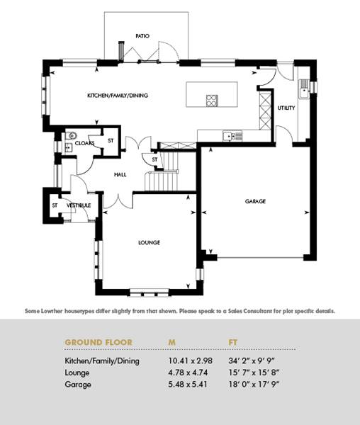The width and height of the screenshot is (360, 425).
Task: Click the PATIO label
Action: point(142,36)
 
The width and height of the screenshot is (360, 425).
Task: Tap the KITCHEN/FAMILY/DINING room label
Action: point(118,96)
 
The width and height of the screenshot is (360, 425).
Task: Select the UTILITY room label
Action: point(286,108)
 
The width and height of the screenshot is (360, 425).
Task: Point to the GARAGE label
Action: point(255,201)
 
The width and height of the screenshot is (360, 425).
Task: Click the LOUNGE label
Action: point(149,242)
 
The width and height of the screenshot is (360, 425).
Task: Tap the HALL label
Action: point(120,175)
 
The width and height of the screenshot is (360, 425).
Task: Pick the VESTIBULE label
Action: point(79,205)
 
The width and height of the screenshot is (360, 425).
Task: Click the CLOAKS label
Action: point(84,143)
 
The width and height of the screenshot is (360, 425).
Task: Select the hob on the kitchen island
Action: point(212,101)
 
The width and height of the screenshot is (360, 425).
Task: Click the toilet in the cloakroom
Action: point(72,135)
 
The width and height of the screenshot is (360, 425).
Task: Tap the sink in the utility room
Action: point(304,89)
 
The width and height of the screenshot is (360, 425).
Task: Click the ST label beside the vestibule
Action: point(55,205)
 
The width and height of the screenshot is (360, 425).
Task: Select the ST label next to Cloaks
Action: point(111,141)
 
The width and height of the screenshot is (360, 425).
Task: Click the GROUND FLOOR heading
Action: point(99,342)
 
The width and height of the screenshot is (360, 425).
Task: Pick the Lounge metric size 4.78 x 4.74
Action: point(188,373)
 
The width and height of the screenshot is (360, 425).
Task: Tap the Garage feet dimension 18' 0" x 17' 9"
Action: point(254,385)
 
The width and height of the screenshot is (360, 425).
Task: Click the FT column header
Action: point(233,342)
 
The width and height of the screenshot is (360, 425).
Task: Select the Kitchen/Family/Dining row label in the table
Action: point(102,361)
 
